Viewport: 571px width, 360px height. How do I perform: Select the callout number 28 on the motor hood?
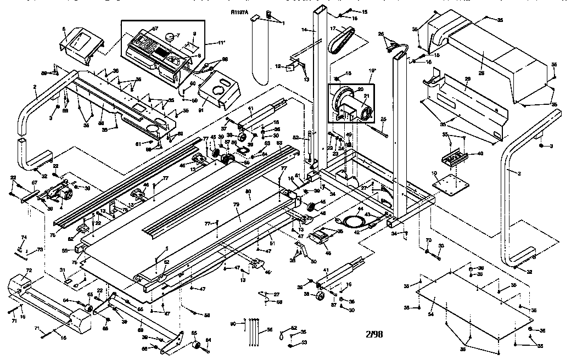coord(481,58)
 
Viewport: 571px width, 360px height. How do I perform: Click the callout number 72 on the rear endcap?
coord(29,271)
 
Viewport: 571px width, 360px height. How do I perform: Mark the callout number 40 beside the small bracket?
coord(480,154)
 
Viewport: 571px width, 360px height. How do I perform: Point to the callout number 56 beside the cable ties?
coord(270,330)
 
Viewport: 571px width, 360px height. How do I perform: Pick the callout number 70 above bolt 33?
coord(428,240)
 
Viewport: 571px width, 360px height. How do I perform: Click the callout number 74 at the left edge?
coord(24,238)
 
